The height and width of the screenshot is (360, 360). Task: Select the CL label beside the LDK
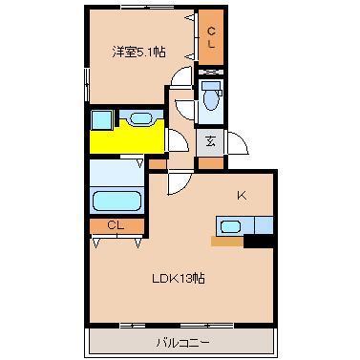point(116,225)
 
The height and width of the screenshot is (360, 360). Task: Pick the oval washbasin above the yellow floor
point(139,118)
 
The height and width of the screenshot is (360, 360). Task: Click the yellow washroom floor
point(124,139)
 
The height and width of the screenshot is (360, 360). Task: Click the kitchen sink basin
point(229,226)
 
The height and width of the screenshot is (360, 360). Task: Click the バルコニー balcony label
point(182,341)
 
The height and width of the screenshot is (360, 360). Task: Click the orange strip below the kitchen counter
point(227,241)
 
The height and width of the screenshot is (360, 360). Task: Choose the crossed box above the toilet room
point(210,72)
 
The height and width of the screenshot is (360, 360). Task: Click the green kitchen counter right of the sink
point(260,226)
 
